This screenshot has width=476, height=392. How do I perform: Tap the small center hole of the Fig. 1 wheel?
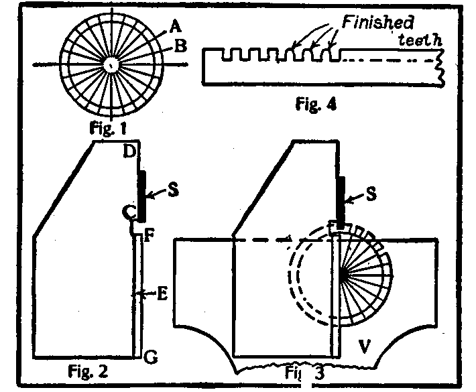[109, 64]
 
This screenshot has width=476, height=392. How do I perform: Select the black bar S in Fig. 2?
[141, 195]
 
